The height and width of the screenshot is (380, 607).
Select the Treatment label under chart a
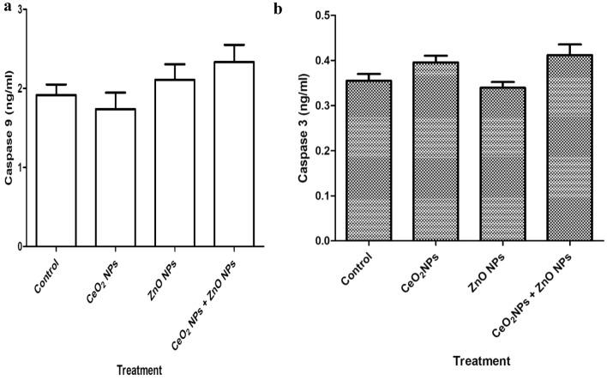coord(141,368)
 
